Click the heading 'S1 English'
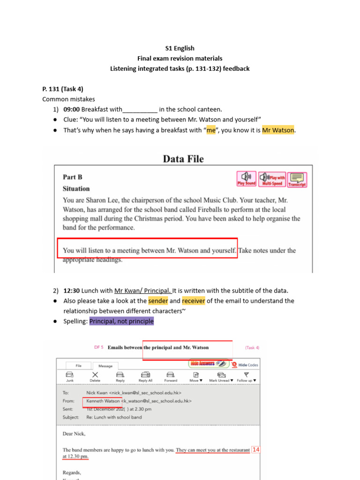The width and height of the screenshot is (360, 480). (180, 48)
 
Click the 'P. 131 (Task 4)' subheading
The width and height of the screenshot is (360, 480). (63, 89)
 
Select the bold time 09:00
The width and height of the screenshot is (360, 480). (72, 110)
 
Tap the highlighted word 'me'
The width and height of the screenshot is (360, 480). (211, 130)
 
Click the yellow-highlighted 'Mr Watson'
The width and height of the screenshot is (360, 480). (278, 130)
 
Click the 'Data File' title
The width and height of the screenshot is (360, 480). (183, 159)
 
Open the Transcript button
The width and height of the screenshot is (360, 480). (297, 180)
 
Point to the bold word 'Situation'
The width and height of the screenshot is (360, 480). (76, 189)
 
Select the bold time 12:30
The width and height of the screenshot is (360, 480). (72, 291)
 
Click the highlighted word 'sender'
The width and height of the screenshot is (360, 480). (157, 301)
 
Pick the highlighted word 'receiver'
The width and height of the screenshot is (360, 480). (194, 301)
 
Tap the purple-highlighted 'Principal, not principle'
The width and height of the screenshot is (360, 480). (121, 322)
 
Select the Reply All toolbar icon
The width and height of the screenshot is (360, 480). (146, 376)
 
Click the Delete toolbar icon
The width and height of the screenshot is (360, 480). (95, 376)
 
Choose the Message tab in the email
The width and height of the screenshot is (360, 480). (105, 366)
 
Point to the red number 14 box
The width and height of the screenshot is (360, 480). (255, 450)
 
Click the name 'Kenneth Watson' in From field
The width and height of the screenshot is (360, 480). (103, 401)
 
